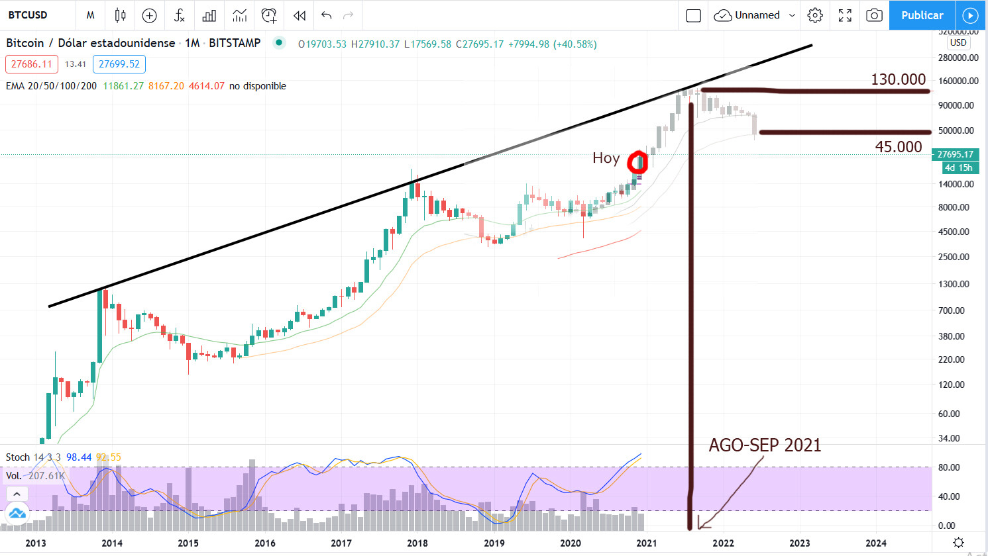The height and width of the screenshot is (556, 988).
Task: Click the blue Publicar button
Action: [922, 15]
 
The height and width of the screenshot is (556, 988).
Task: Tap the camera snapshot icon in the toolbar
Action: [874, 15]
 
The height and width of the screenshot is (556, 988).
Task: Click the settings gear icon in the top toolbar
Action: [815, 15]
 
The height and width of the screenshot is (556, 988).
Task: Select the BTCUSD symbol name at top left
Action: [28, 15]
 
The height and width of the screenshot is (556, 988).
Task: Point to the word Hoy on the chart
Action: [606, 158]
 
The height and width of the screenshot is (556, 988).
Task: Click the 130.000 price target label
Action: [898, 79]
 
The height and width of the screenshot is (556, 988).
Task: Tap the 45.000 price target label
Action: [898, 147]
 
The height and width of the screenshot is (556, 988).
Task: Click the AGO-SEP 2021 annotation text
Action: [765, 445]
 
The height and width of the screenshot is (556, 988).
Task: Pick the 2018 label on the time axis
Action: [417, 543]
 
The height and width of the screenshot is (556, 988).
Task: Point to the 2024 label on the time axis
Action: [876, 543]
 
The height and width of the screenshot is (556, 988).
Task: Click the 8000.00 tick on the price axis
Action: [954, 207]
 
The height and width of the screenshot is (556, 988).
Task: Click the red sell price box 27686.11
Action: [32, 64]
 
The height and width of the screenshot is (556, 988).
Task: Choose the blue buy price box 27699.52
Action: [119, 64]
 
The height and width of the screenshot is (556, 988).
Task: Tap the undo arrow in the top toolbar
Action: [326, 15]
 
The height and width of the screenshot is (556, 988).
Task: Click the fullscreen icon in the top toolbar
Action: [845, 15]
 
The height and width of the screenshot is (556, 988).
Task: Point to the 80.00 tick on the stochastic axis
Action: [950, 467]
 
